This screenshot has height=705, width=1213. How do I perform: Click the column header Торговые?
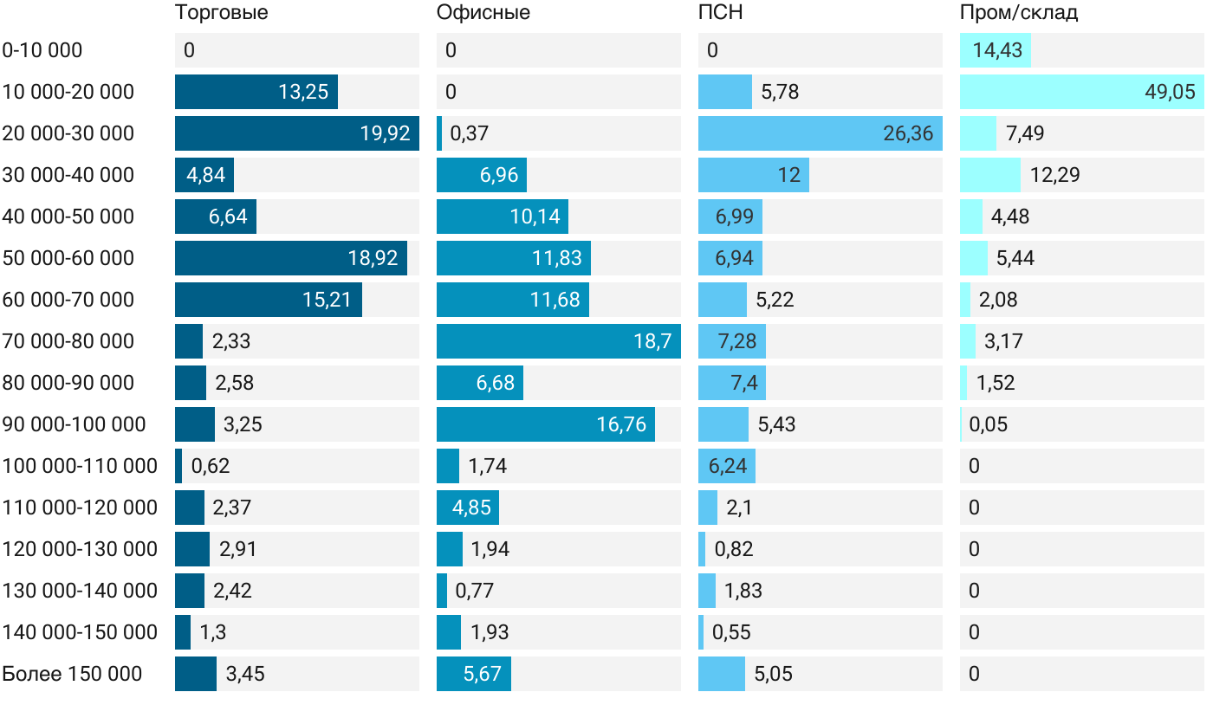coord(221,13)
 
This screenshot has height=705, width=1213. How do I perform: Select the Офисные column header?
coord(483,13)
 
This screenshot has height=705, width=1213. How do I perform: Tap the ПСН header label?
coord(720,13)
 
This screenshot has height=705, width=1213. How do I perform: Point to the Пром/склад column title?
coord(1018,13)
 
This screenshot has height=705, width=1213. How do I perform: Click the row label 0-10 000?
coord(42,50)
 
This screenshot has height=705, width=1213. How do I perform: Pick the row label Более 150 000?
coord(72,674)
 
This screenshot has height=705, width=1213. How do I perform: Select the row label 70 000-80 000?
coord(68,341)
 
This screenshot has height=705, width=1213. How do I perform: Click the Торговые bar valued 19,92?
coord(296,133)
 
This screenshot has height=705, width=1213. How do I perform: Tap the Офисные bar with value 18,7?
coord(558,341)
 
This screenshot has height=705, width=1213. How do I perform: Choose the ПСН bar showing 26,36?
coord(820,133)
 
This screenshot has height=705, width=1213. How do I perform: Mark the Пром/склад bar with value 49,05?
coord(1081,92)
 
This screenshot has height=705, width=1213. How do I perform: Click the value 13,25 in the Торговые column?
coord(303,92)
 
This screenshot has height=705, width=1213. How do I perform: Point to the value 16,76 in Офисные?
coord(621,424)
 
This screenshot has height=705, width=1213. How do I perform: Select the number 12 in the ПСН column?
coord(788,175)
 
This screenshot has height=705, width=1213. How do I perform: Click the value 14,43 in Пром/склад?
coord(997,50)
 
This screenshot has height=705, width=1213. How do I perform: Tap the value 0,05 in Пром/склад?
coord(988,424)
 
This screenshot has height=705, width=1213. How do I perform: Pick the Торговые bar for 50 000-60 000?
coord(290,258)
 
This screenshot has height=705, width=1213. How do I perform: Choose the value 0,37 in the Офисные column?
coord(470,133)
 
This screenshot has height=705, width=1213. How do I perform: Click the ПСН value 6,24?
coord(728,466)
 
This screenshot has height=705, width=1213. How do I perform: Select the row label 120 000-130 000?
coord(80,549)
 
